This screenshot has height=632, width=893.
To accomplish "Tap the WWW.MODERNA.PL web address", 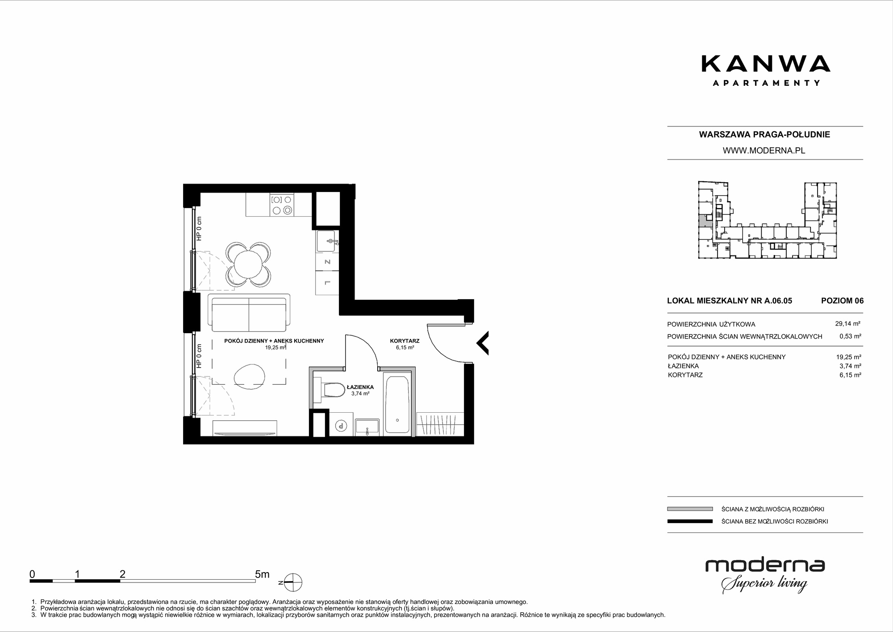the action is coord(764,151).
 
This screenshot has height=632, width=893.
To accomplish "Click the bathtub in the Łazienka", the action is coord(397,405).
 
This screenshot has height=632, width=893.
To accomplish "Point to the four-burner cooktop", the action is coord(282,205).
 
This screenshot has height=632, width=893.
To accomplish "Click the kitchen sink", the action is coord(328,242).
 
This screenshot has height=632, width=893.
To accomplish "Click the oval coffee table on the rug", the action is coord(250,374).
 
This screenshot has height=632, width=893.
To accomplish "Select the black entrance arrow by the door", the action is coord(482,343).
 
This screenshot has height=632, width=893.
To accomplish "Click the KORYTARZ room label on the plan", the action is coord(405,341).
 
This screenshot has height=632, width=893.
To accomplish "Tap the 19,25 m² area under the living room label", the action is coord(275,347).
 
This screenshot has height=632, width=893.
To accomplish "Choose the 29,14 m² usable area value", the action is coord(848,324).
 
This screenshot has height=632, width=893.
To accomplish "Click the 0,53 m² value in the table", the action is coord(850,336).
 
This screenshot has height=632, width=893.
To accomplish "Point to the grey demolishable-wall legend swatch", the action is coord(690,509).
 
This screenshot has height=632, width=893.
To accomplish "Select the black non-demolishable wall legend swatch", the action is coord(690,521).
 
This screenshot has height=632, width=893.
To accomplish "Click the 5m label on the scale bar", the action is coord(262,574).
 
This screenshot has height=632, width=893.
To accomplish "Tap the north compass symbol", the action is coord(292,583).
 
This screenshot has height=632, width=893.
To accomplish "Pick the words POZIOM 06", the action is coord(843,301).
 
